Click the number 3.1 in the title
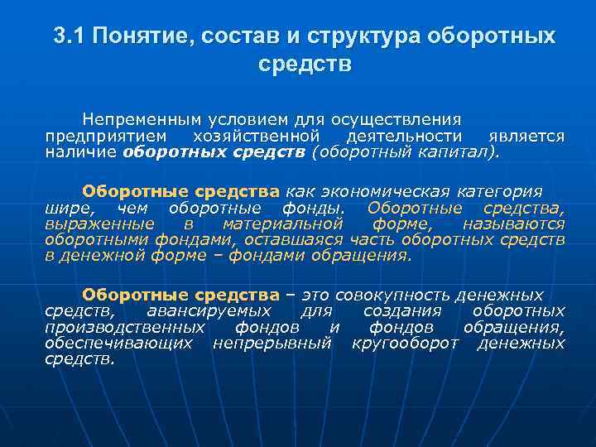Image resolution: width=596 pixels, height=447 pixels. click(69, 36)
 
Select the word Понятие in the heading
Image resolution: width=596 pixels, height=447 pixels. click(134, 36)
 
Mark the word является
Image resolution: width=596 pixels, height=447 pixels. click(526, 135)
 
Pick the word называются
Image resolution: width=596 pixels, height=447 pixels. click(513, 223)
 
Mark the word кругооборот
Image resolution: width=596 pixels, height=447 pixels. click(404, 343)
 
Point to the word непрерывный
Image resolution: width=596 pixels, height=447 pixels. click(272, 343)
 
